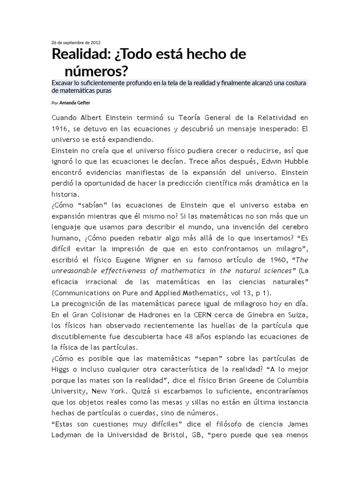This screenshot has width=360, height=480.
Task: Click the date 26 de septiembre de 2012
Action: pos(75,42)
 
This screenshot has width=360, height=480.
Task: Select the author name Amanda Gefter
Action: pos(75,103)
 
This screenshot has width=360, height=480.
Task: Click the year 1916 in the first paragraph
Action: pos(61,129)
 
